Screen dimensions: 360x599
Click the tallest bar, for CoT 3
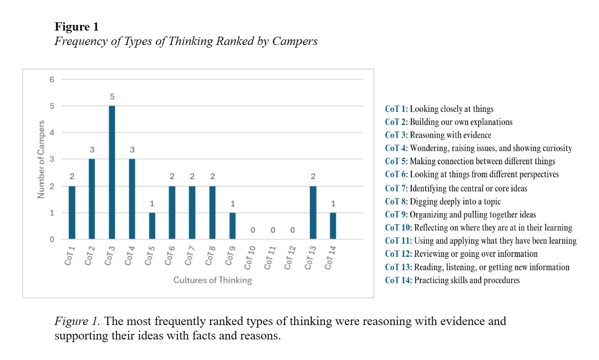point(112,173)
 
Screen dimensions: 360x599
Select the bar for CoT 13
point(313,213)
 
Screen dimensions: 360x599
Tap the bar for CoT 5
point(152,226)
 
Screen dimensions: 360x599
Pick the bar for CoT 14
point(333,226)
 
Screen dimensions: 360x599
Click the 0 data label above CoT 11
point(272,230)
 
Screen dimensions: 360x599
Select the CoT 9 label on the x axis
point(230,256)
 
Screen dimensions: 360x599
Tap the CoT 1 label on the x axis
point(70,256)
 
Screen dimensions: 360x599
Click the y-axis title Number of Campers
point(41,159)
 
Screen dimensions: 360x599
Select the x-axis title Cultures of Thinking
point(213,280)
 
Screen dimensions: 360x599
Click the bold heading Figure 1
point(76,27)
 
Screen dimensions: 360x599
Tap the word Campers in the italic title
point(295,41)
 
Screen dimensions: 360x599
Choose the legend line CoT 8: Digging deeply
point(443,201)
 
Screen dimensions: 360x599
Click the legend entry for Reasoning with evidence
point(438,135)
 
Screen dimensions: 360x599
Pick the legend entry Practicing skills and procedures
point(452,280)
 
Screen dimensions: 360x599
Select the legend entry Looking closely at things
point(439,109)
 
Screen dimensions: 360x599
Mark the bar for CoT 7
point(192,213)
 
